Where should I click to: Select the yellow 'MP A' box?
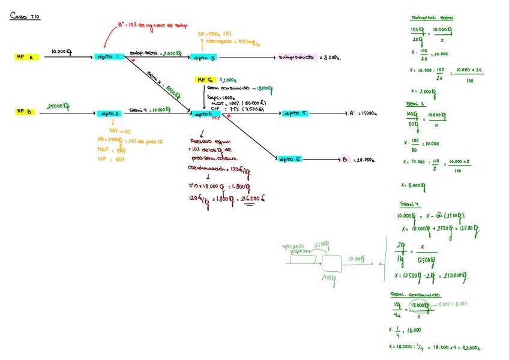27,57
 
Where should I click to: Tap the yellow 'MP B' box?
27,112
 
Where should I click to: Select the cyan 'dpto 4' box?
202,113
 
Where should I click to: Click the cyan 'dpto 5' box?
294,113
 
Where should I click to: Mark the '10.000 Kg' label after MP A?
62,52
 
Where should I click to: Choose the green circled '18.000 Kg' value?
419,305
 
